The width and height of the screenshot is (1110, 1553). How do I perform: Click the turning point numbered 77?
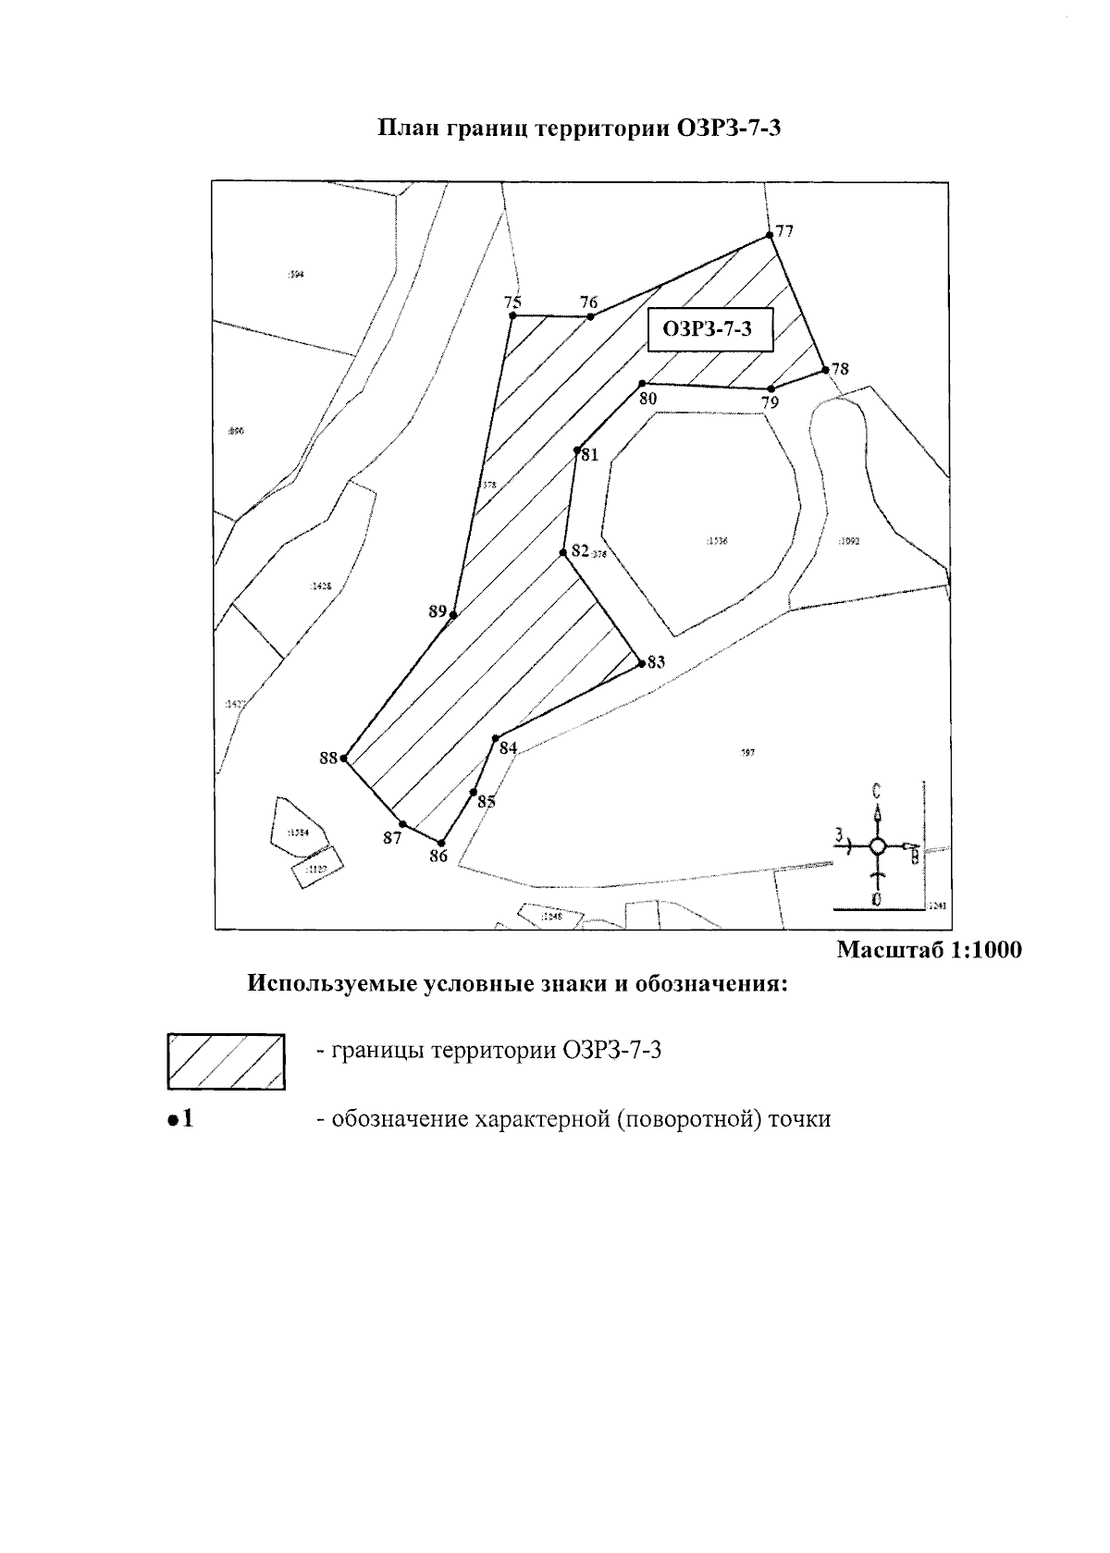[770, 237]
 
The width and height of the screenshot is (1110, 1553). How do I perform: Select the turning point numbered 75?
[512, 316]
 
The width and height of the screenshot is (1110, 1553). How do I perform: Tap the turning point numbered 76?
[590, 316]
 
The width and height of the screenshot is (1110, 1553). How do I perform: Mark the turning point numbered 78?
[825, 371]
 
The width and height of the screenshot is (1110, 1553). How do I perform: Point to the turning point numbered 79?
[771, 389]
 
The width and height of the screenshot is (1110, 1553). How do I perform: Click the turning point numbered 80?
[642, 383]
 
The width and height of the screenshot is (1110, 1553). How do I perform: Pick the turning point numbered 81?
[576, 450]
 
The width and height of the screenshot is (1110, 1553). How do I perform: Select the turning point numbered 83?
[641, 663]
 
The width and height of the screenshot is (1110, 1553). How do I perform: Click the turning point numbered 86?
[442, 843]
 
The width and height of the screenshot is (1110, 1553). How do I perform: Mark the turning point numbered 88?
[343, 758]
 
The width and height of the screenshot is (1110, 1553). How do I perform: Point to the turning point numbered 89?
[453, 614]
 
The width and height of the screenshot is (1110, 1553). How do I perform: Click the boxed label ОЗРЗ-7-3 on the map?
[709, 330]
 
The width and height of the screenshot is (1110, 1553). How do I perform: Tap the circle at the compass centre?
[879, 845]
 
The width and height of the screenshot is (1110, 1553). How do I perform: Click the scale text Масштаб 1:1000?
[929, 950]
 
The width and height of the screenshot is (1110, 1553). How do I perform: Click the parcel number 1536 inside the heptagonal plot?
[717, 541]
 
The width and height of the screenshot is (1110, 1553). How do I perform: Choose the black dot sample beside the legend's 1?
[171, 1120]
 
